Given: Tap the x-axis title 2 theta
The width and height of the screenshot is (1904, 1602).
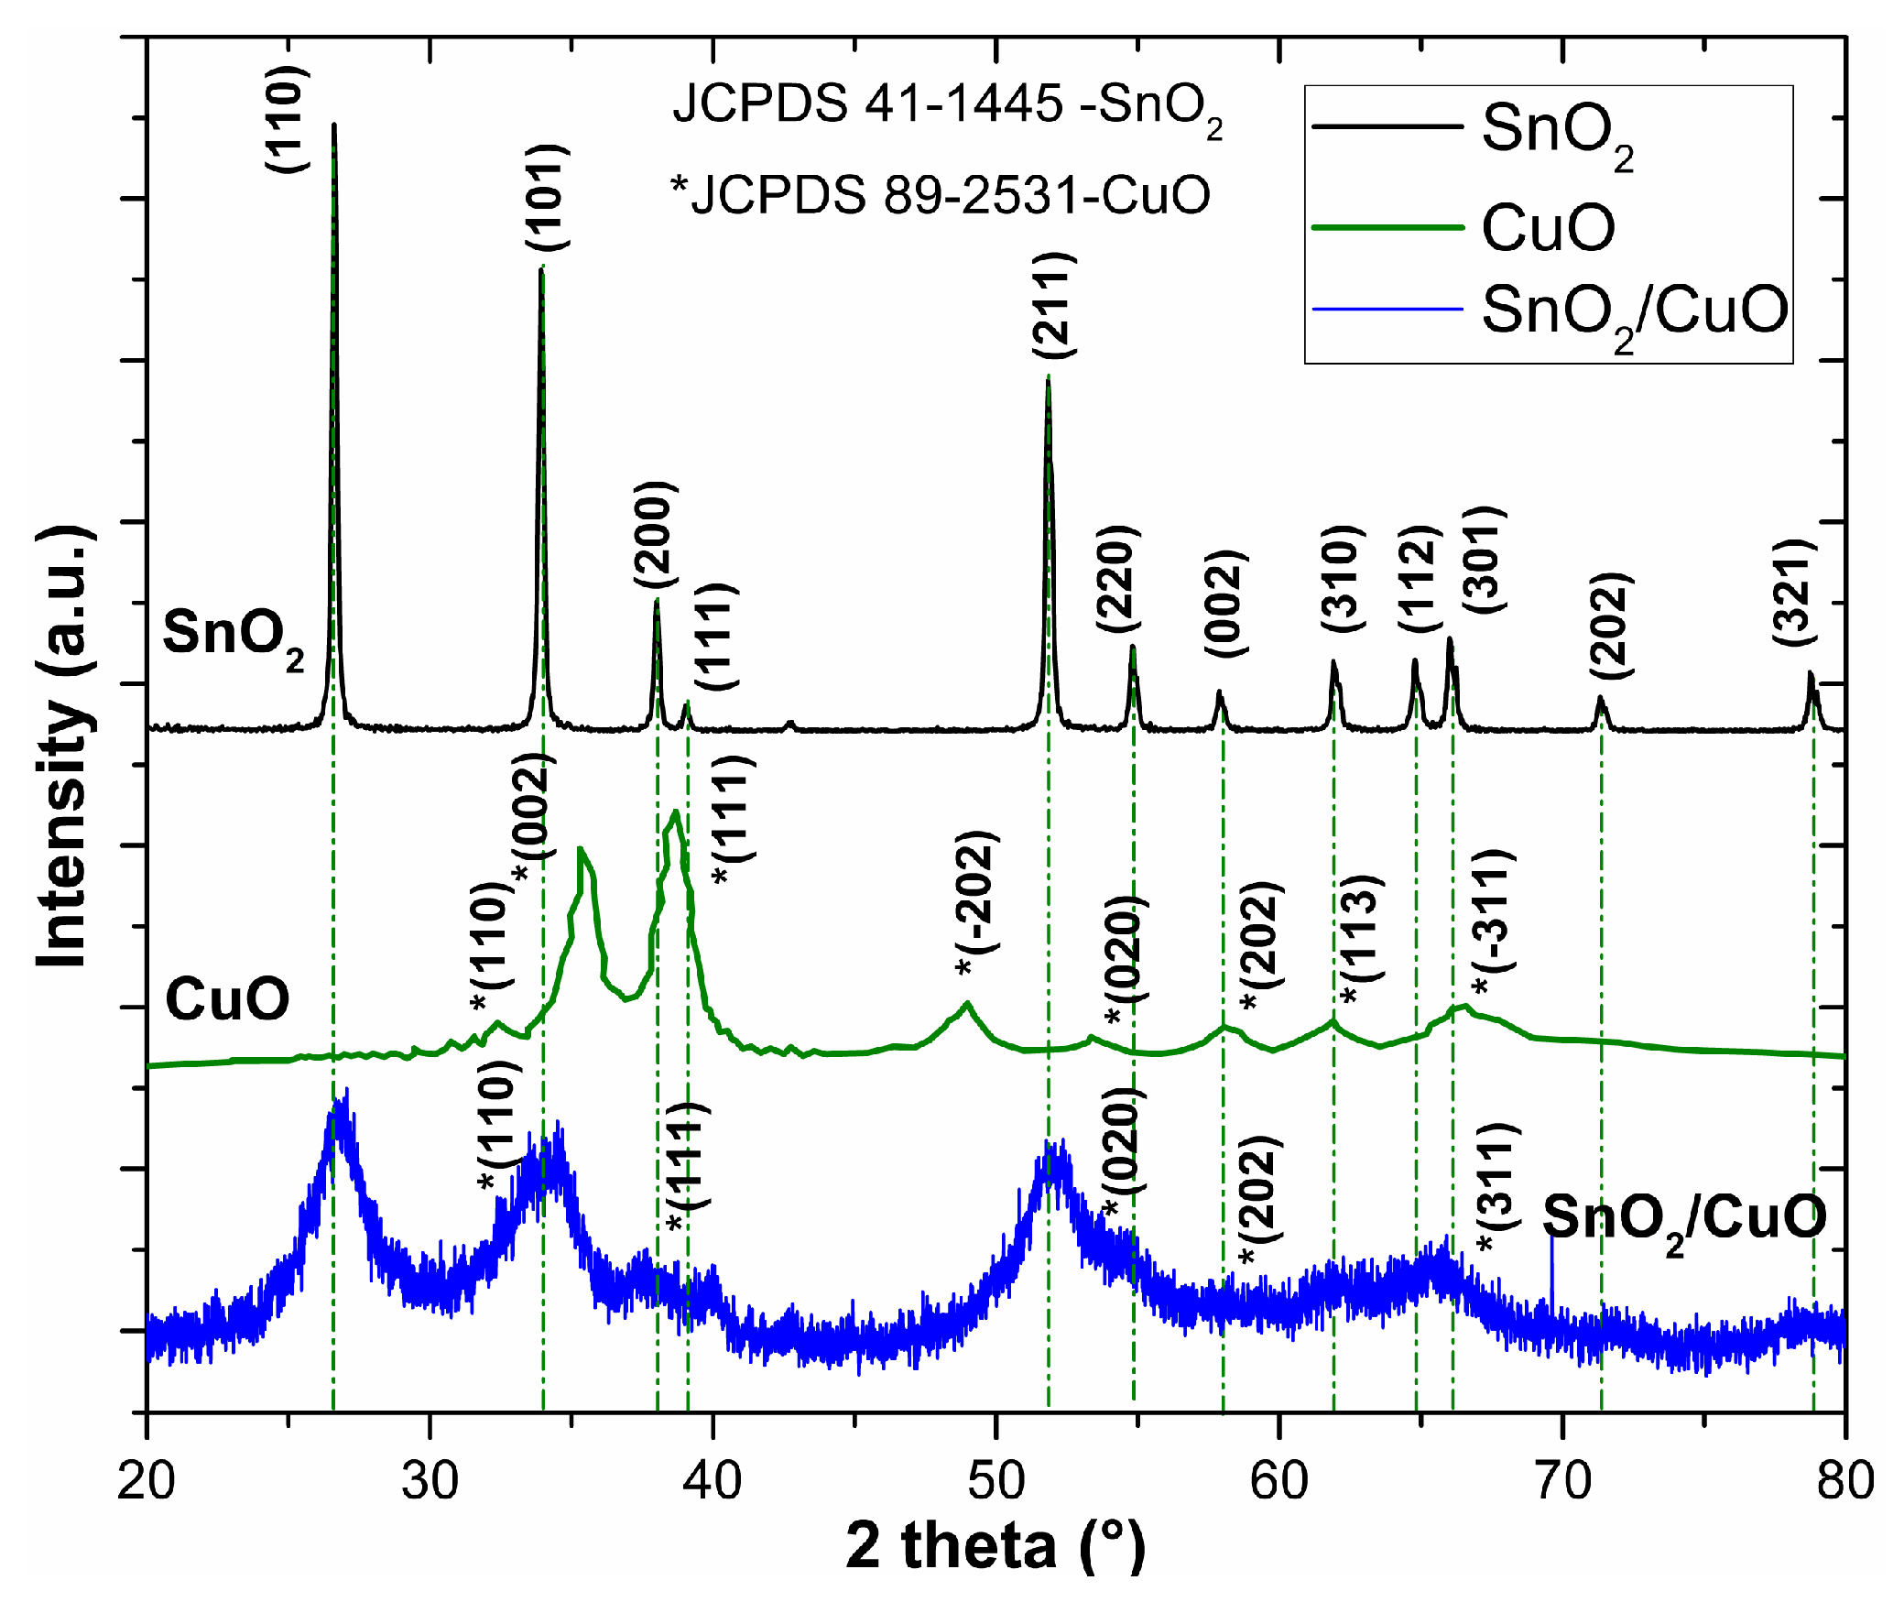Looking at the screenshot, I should (995, 1547).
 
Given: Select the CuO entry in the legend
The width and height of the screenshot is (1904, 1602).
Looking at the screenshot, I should (1548, 227).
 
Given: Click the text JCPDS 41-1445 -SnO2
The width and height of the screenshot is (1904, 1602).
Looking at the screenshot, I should (947, 104).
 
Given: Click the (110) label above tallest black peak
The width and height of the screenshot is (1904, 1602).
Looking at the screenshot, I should (286, 119).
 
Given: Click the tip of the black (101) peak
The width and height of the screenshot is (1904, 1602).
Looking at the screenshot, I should (541, 269).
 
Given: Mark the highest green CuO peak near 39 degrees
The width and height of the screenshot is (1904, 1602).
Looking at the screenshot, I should (675, 812).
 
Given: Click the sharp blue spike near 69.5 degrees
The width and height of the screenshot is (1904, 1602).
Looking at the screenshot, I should (1551, 1238).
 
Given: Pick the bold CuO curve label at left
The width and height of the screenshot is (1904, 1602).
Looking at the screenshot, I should (227, 998).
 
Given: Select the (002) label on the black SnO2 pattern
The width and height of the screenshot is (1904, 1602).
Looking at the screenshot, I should (1226, 604).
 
